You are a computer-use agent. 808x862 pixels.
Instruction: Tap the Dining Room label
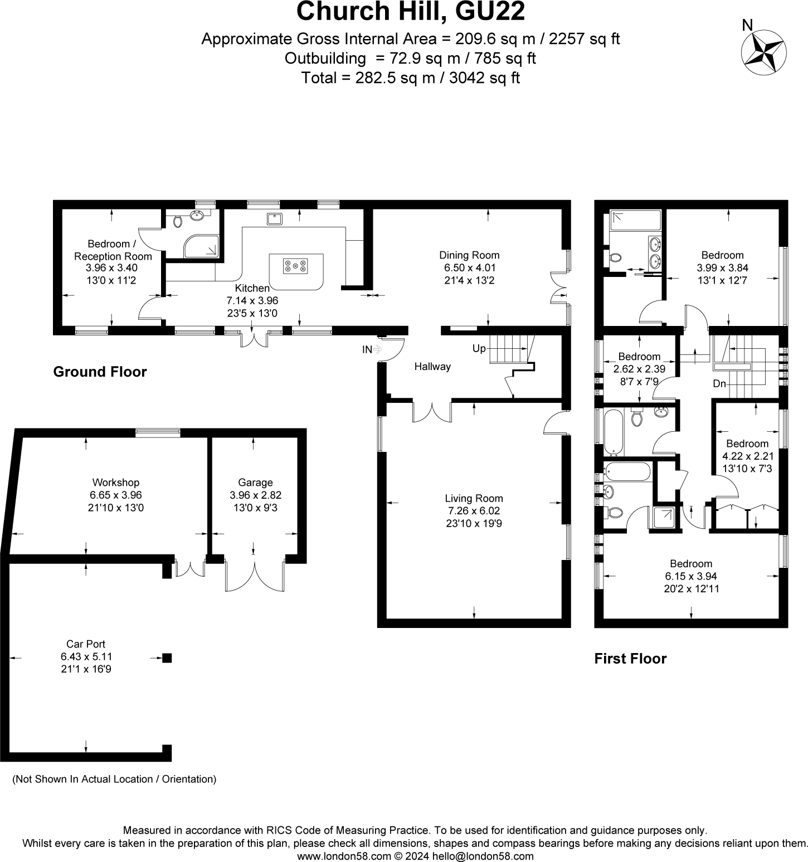coord(469,255)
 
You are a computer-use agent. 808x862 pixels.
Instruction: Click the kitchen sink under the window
coord(274,218)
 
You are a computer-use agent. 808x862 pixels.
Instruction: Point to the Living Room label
coord(474,499)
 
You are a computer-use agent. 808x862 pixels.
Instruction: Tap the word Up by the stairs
coord(479,349)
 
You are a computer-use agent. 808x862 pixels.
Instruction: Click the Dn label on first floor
coord(719,384)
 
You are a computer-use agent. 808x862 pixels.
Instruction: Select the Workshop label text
coord(116,483)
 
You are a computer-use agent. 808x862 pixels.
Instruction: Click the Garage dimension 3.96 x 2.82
coord(256,495)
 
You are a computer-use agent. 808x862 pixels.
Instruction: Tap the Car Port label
coord(86,645)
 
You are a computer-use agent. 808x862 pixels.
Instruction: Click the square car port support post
coord(167,658)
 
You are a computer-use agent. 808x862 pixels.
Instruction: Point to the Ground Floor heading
coord(100,372)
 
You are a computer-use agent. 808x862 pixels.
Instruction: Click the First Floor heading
coord(630,659)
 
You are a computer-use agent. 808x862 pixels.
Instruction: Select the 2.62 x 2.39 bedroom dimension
coord(639,369)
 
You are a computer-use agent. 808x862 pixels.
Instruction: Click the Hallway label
coord(432,367)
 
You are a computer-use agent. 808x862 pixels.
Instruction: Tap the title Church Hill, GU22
coord(411,11)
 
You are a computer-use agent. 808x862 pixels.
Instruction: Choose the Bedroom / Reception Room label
coord(113,250)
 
